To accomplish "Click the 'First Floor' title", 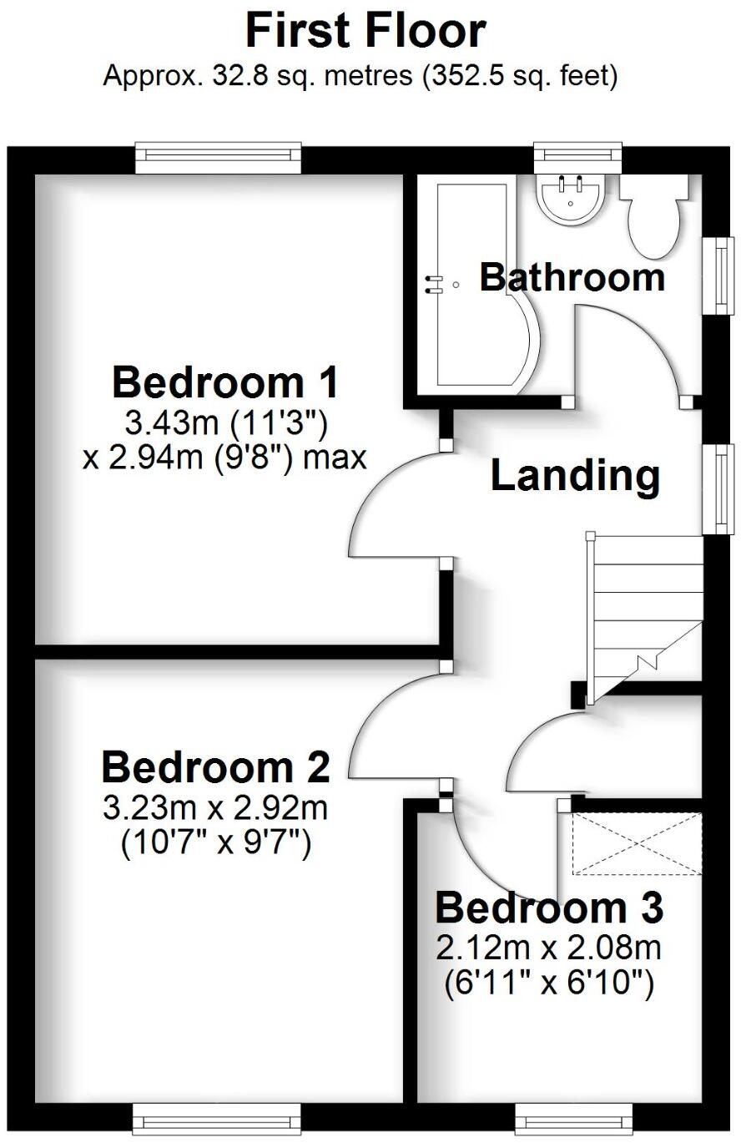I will (x=365, y=31).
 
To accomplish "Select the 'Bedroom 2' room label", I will (x=215, y=766).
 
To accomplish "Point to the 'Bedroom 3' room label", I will (x=548, y=908).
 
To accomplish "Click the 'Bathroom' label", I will (x=572, y=277).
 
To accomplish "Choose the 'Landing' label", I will (x=575, y=475).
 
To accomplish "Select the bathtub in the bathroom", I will (x=471, y=284).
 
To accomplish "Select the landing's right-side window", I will (x=718, y=488).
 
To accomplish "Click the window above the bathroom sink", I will (x=578, y=153).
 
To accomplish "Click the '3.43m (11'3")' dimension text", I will (x=225, y=424).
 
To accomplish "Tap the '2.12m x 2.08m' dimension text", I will (x=548, y=948).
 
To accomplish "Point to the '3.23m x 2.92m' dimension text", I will (x=215, y=808).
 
